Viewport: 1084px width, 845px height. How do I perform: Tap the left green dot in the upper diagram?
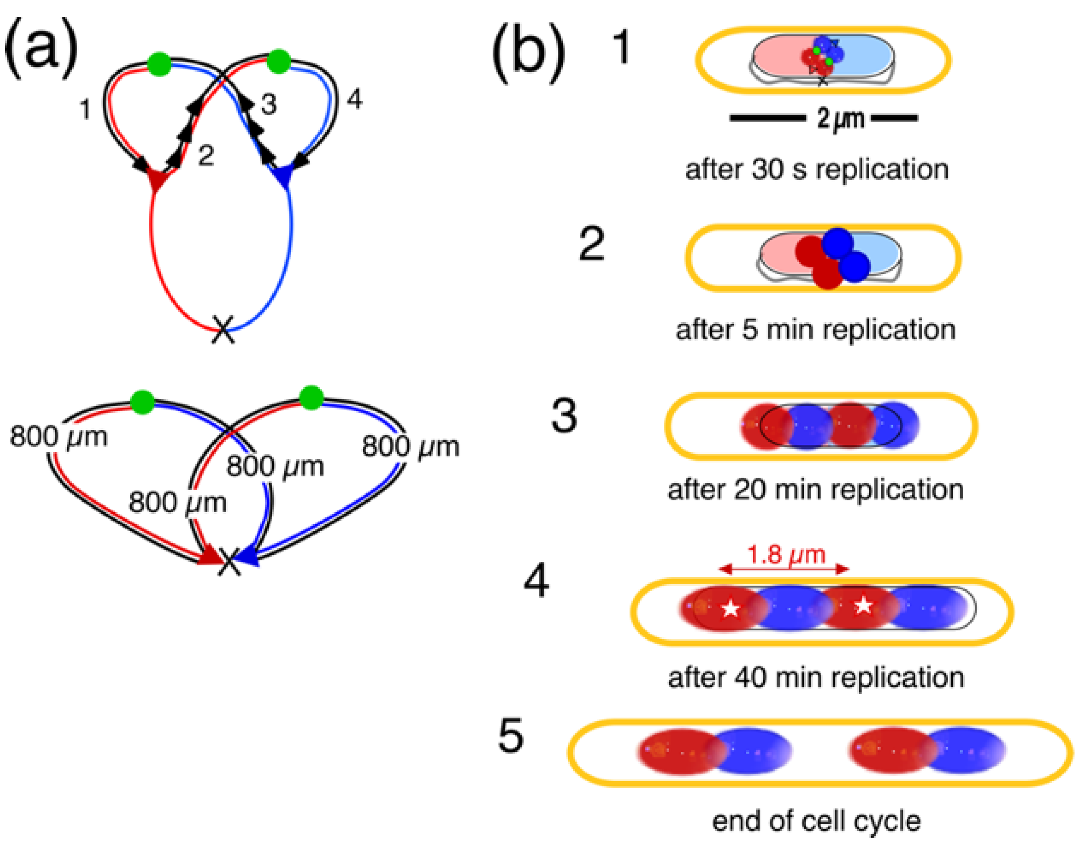159,65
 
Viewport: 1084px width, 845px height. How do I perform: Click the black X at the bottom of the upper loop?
223,329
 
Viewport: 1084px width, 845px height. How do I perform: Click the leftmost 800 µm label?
59,437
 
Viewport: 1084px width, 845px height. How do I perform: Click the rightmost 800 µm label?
410,446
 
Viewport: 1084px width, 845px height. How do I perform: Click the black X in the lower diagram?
229,563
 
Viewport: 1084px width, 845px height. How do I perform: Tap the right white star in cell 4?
863,605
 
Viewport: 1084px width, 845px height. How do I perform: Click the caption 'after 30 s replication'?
817,170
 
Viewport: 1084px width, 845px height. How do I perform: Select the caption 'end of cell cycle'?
816,821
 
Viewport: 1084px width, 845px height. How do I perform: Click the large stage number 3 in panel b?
564,416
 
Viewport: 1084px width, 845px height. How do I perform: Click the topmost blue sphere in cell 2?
837,243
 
